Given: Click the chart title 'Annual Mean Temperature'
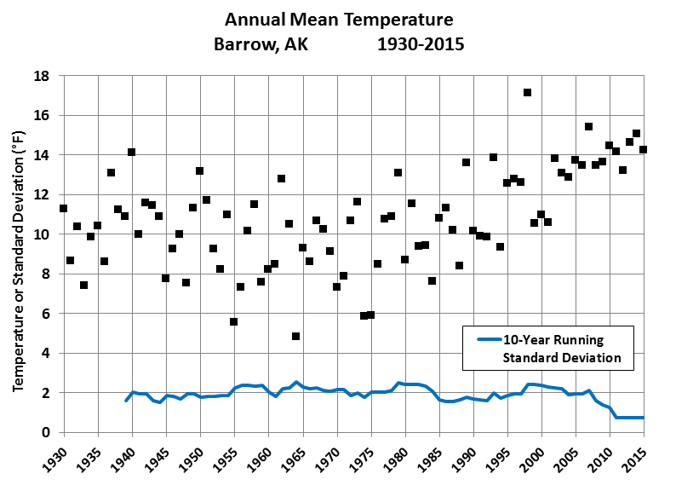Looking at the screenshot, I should click(x=339, y=19).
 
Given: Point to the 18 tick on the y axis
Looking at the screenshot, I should click(x=43, y=76).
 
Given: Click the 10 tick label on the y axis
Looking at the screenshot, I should click(x=43, y=234).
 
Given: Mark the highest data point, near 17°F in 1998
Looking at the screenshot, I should click(x=527, y=92).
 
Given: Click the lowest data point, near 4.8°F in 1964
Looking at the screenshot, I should click(x=295, y=336).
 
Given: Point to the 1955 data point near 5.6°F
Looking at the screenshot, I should click(x=233, y=321).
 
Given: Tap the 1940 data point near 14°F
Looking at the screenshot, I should click(x=131, y=153).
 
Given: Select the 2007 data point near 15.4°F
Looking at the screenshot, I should click(x=588, y=126).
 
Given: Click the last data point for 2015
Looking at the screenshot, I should click(x=643, y=149).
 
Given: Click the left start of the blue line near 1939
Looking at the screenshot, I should click(x=126, y=400).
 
